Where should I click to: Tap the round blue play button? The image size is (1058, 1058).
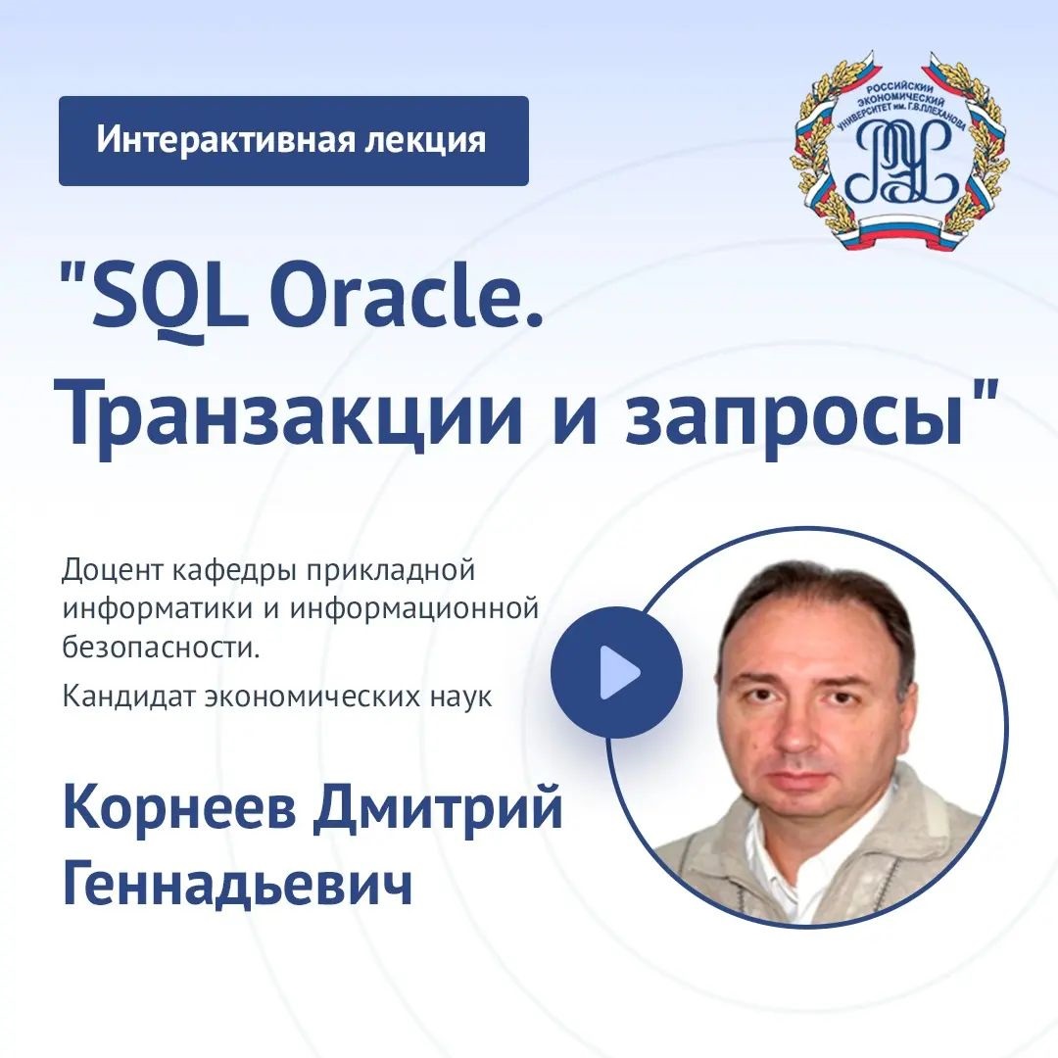point(617,672)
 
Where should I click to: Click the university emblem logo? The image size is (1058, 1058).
point(900,151)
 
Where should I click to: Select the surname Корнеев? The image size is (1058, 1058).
point(179,809)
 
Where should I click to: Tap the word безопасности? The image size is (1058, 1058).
point(162,649)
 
